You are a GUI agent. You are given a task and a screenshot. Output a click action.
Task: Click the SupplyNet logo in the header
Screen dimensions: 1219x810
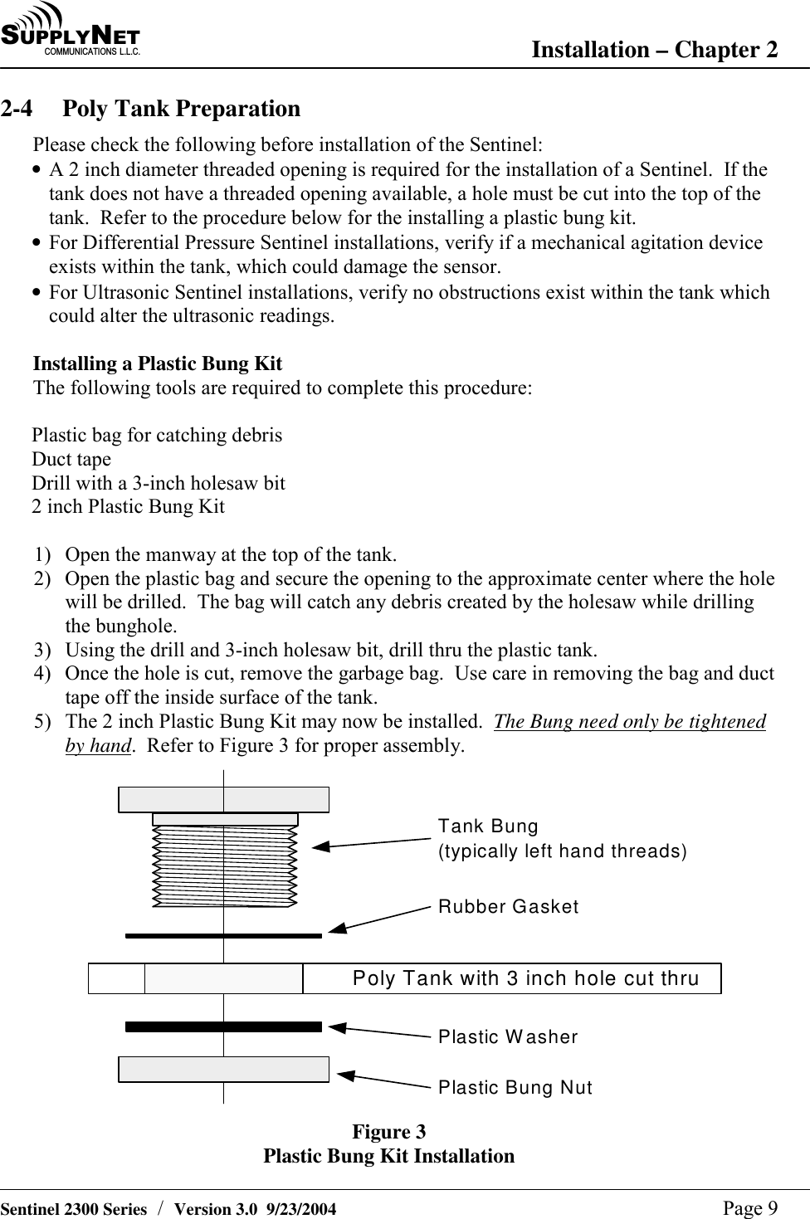[71, 32]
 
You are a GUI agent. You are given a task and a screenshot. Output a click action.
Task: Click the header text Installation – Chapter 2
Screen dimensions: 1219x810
[654, 50]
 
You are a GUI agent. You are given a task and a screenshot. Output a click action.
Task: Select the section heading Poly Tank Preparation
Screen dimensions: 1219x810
[181, 109]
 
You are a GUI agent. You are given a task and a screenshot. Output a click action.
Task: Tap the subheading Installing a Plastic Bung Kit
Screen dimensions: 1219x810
[157, 363]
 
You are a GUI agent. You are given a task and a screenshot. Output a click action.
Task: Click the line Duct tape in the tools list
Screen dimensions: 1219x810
[71, 459]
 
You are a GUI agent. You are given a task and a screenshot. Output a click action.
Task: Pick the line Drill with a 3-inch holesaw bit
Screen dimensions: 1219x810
[159, 483]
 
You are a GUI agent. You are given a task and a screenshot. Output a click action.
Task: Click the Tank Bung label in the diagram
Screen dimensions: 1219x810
[488, 826]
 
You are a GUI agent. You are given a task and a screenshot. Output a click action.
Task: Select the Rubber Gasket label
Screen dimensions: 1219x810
[508, 906]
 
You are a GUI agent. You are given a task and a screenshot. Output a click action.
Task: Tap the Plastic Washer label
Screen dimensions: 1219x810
[508, 1036]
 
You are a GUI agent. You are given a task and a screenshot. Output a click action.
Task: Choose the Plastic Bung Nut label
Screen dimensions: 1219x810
[515, 1087]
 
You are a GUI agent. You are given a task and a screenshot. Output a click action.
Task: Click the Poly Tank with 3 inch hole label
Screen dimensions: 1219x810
[525, 978]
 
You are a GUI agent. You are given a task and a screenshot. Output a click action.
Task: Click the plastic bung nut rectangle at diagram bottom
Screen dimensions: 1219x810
[223, 1070]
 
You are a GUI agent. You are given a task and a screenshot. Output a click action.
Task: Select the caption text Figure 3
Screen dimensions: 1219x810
[388, 1132]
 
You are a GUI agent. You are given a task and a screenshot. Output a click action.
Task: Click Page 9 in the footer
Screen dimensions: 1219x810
[750, 1208]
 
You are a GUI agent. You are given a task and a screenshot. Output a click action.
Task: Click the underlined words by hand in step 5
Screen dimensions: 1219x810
[98, 745]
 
